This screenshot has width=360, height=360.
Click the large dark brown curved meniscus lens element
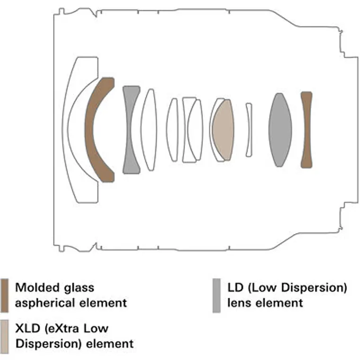point(90,130)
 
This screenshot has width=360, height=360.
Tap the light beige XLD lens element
point(223,130)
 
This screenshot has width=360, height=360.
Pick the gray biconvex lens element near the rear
point(280,130)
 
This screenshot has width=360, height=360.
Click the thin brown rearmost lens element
point(306,130)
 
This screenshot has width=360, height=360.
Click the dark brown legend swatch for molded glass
point(5,296)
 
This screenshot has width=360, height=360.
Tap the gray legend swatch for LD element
point(216,296)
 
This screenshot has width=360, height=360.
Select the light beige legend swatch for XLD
point(5,337)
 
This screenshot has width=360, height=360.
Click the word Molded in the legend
point(37,288)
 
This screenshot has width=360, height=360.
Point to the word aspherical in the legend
point(45,303)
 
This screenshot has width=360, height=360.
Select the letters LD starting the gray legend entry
point(235,288)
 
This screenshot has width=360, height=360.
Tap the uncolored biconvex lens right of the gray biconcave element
point(149,130)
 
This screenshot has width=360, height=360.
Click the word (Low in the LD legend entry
point(262,288)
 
